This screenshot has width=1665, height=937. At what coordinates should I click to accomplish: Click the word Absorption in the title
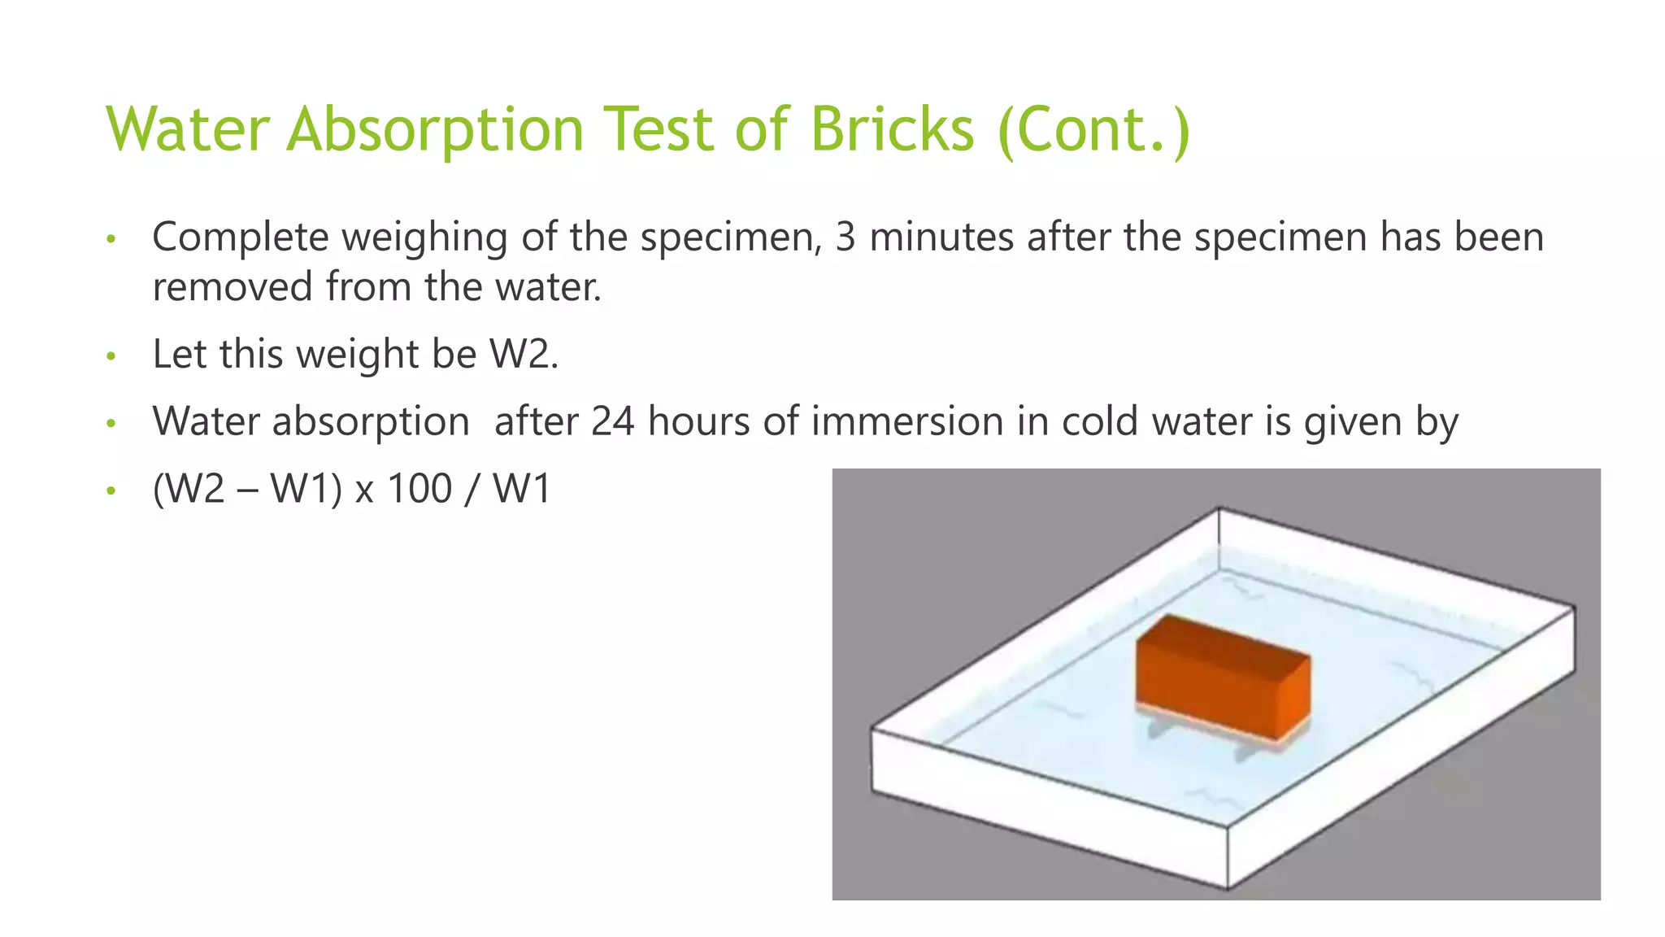pos(435,130)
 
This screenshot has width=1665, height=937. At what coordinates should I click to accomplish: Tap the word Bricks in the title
pos(892,130)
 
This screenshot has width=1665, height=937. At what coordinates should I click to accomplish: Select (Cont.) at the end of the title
pos(1093,130)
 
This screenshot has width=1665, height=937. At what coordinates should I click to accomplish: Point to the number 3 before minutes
pos(846,238)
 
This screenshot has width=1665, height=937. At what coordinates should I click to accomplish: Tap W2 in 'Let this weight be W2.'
pos(521,355)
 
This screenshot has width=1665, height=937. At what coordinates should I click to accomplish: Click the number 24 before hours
pos(612,422)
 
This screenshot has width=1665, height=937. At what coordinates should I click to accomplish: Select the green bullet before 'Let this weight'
pos(111,356)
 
